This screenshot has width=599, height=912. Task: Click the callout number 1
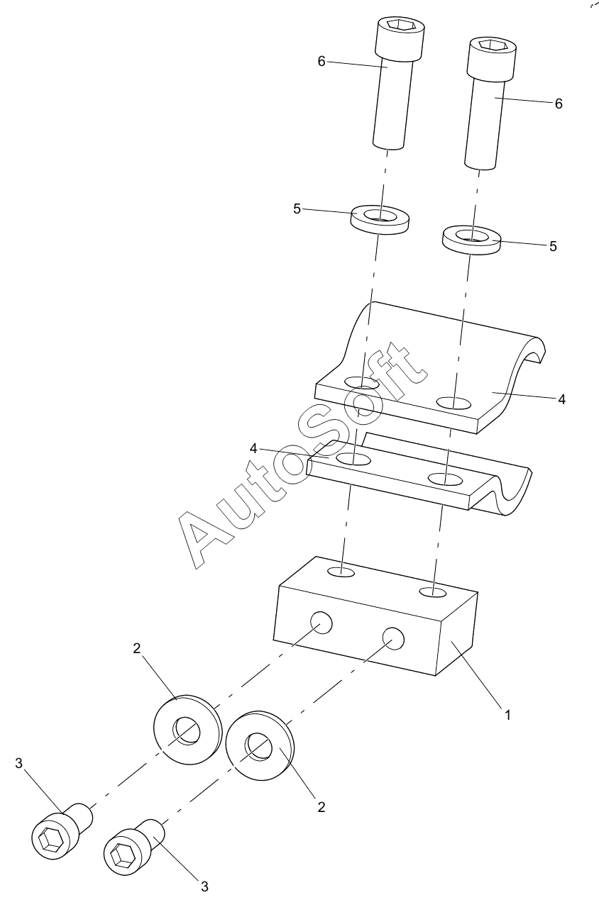click(507, 715)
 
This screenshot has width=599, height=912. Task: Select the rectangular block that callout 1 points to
click(375, 616)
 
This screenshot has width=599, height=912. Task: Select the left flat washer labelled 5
click(380, 219)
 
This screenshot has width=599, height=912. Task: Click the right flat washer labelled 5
click(471, 240)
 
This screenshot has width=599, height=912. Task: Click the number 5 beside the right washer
click(553, 246)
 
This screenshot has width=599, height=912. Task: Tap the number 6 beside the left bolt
click(322, 62)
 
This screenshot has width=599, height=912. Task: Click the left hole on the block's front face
click(321, 623)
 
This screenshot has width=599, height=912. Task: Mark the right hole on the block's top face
click(433, 591)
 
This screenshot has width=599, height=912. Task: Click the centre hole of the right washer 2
click(258, 747)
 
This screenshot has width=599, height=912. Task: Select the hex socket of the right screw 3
click(121, 853)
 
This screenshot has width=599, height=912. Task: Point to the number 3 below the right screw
click(204, 886)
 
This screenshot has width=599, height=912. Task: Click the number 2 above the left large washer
click(136, 649)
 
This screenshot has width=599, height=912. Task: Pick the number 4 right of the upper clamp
click(561, 399)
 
